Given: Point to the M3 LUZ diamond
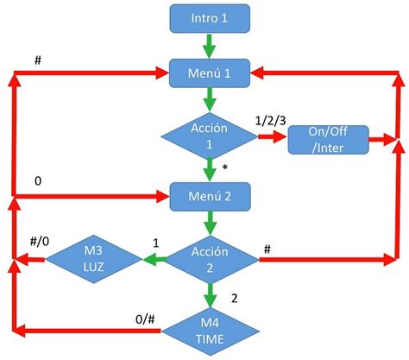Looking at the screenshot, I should point(93,256).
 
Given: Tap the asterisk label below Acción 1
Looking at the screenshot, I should point(224,167).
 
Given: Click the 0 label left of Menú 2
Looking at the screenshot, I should point(37,182).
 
